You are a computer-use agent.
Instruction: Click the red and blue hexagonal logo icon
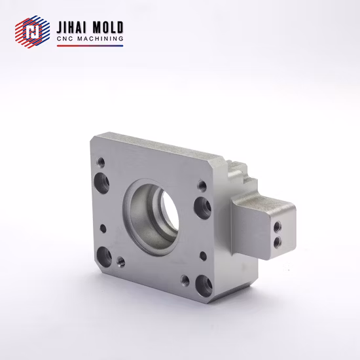pos(28,32)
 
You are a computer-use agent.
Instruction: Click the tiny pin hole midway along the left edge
pos(102,228)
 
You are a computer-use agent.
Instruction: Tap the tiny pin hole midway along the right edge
pos(203,254)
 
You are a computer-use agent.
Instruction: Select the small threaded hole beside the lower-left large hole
pos(120,264)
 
